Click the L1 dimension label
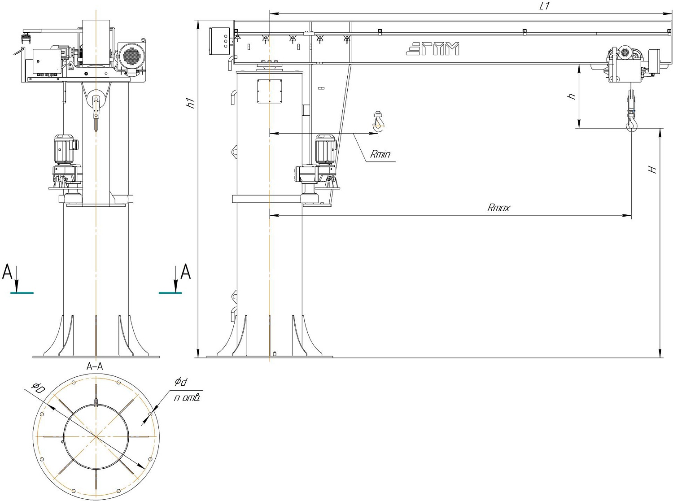(544, 6)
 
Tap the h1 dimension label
(191, 104)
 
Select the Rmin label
(380, 154)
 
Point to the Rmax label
(498, 208)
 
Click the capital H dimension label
(652, 170)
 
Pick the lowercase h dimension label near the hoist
(572, 96)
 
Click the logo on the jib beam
(433, 49)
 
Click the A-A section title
(95, 366)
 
